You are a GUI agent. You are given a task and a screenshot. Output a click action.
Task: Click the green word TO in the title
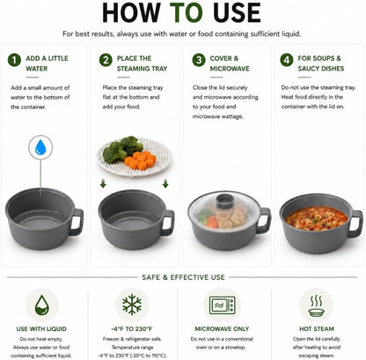(x=186, y=13)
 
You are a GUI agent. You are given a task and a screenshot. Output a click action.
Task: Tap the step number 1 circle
(x=14, y=60)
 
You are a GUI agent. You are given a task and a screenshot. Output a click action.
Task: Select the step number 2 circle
(x=106, y=60)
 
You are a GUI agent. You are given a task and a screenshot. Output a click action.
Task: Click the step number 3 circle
(x=199, y=60)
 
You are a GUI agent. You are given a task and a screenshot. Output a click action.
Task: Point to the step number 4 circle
(x=287, y=60)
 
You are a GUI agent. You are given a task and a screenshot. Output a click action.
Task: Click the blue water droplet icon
(x=40, y=147)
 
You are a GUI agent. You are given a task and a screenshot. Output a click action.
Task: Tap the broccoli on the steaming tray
(x=121, y=149)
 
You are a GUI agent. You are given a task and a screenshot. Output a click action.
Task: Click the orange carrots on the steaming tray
(x=141, y=160)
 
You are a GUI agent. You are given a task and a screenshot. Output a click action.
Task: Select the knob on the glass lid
(x=225, y=202)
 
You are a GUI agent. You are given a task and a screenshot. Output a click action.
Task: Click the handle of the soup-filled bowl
(x=356, y=224)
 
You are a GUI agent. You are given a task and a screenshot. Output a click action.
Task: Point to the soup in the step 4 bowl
(x=317, y=218)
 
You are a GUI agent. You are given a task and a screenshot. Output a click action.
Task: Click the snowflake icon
(x=132, y=305)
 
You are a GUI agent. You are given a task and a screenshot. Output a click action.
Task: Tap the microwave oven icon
(x=222, y=305)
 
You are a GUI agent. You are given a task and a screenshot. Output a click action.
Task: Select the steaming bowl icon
(x=317, y=306)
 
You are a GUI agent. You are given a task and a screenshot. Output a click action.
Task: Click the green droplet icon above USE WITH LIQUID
(x=41, y=305)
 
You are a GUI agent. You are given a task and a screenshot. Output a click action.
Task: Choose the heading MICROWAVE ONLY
(x=222, y=329)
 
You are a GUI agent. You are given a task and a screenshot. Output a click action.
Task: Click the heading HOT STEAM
(x=317, y=329)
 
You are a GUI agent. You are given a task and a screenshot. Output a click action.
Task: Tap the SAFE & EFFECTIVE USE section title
(x=183, y=277)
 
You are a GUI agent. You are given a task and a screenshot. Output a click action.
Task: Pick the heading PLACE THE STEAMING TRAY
(x=142, y=63)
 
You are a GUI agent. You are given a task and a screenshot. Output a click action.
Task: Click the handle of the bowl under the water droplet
(x=77, y=222)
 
